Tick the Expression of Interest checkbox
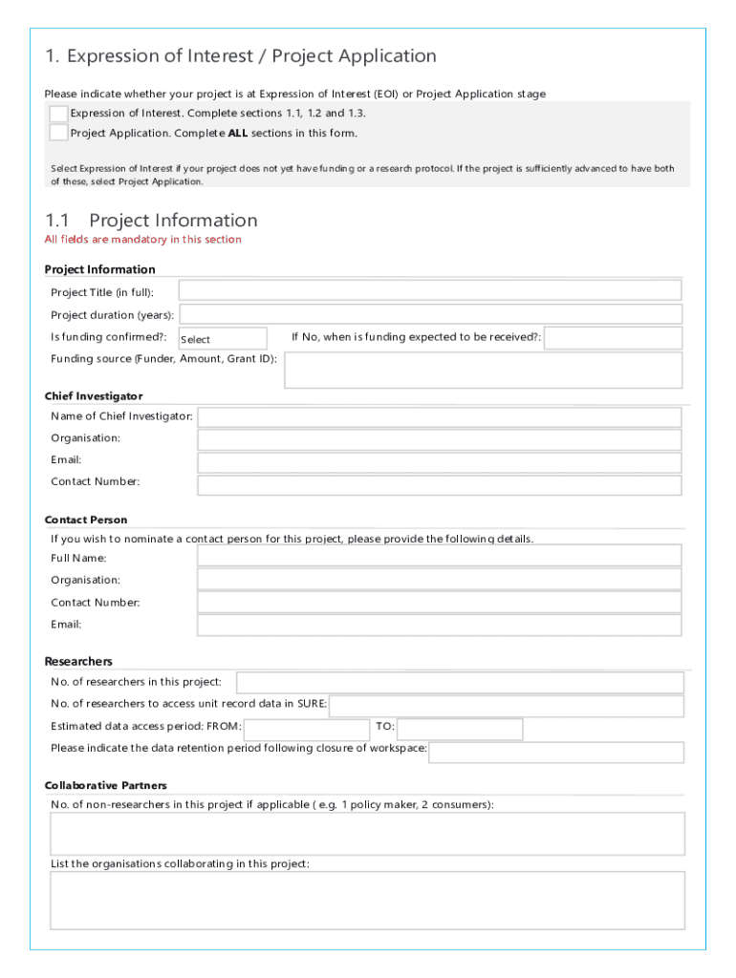pos(58,114)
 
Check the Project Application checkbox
pos(58,133)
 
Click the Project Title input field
pos(429,291)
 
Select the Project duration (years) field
pos(430,314)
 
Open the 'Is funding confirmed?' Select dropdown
pos(223,339)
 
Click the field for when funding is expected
pos(613,338)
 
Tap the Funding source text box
pos(484,371)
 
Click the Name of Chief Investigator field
pos(439,417)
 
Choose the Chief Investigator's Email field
pos(439,462)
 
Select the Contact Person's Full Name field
pos(439,556)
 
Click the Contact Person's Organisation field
pos(439,580)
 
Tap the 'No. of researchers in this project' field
pos(460,683)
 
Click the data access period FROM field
pos(306,729)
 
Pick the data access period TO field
pos(460,729)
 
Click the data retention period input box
pos(556,752)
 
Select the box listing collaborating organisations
pos(367,900)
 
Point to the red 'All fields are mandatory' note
pos(143,240)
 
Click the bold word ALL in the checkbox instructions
pos(238,134)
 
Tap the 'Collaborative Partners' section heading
pos(106,785)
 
